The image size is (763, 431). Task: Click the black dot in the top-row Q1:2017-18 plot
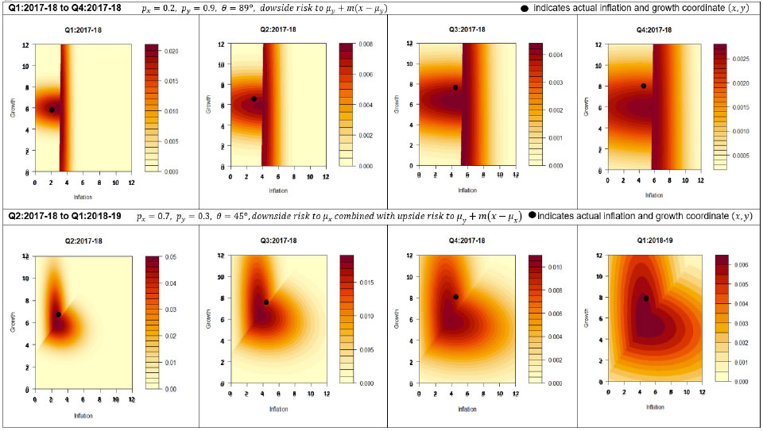(x=52, y=110)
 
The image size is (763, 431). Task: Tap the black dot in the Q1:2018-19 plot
(x=647, y=298)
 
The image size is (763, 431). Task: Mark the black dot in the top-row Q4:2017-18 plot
(x=644, y=86)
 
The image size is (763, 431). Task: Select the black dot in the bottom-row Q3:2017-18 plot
(x=266, y=302)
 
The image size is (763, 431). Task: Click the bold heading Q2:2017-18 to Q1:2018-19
(x=63, y=216)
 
